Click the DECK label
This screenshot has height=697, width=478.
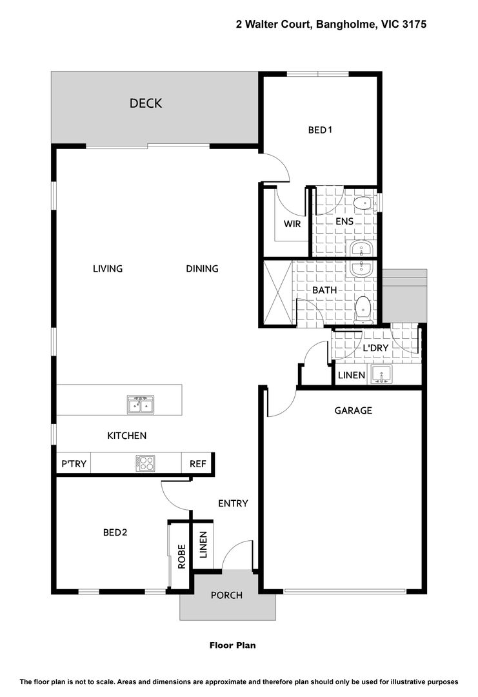[x=146, y=103]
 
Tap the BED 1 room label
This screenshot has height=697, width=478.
[x=320, y=130]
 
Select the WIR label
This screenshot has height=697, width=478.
[x=292, y=223]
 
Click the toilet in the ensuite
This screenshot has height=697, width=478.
[x=363, y=203]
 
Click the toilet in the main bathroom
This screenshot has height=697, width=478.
[x=364, y=309]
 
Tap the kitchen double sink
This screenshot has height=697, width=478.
[x=141, y=405]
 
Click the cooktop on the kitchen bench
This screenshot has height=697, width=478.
[x=146, y=463]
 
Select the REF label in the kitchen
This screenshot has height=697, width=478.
[x=197, y=463]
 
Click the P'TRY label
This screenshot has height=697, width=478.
[x=74, y=463]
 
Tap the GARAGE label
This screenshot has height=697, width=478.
[x=353, y=410]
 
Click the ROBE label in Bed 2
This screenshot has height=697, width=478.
[x=181, y=556]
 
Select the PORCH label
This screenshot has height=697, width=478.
[x=226, y=595]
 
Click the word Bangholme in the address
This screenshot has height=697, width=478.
[x=345, y=25]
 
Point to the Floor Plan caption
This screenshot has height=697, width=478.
[x=233, y=645]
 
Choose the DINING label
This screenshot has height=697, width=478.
[x=202, y=268]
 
